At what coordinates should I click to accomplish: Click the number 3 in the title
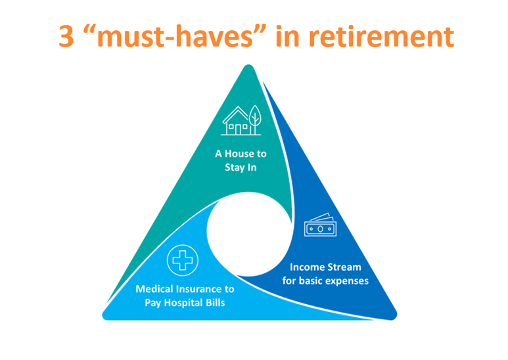click(x=66, y=37)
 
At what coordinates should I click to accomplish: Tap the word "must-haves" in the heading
click(x=175, y=36)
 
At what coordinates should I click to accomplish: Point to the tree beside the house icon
click(x=255, y=120)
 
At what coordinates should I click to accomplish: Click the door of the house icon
click(x=238, y=129)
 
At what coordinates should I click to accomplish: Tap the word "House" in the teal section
click(x=239, y=154)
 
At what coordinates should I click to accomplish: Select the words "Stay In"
click(x=241, y=168)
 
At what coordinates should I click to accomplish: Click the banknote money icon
click(x=320, y=225)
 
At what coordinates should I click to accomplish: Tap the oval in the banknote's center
click(x=320, y=229)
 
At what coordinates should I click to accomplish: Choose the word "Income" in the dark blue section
click(x=307, y=267)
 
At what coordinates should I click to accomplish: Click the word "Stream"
click(x=344, y=267)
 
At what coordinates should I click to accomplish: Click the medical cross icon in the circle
click(x=183, y=260)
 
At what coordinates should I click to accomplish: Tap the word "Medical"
click(x=154, y=289)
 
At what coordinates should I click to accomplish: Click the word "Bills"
click(x=213, y=303)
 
